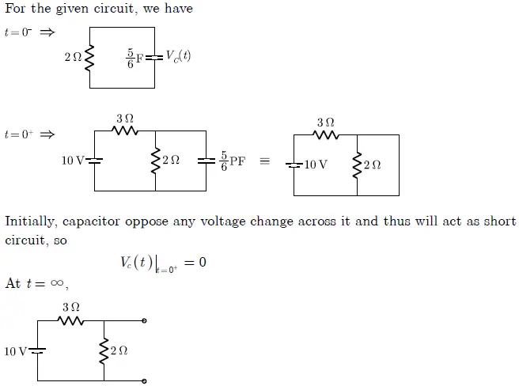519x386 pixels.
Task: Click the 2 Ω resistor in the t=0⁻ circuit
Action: click(x=89, y=57)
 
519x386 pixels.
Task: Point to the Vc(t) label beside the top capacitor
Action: click(x=178, y=56)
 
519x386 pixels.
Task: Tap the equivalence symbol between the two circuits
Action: click(x=265, y=161)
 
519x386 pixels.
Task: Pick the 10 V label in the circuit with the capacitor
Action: click(x=73, y=161)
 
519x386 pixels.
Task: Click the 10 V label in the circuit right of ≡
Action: click(x=316, y=165)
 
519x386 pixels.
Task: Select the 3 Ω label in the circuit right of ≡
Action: click(x=325, y=123)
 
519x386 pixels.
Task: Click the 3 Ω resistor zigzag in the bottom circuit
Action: click(x=71, y=320)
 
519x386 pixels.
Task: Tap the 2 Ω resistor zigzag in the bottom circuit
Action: click(x=104, y=350)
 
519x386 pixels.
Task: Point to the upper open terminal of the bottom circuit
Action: click(x=143, y=320)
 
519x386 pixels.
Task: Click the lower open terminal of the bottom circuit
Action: click(x=143, y=380)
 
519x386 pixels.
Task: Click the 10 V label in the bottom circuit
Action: click(x=15, y=351)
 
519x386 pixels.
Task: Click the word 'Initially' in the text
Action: click(x=31, y=221)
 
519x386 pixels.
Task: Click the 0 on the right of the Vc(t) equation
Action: click(x=203, y=262)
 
